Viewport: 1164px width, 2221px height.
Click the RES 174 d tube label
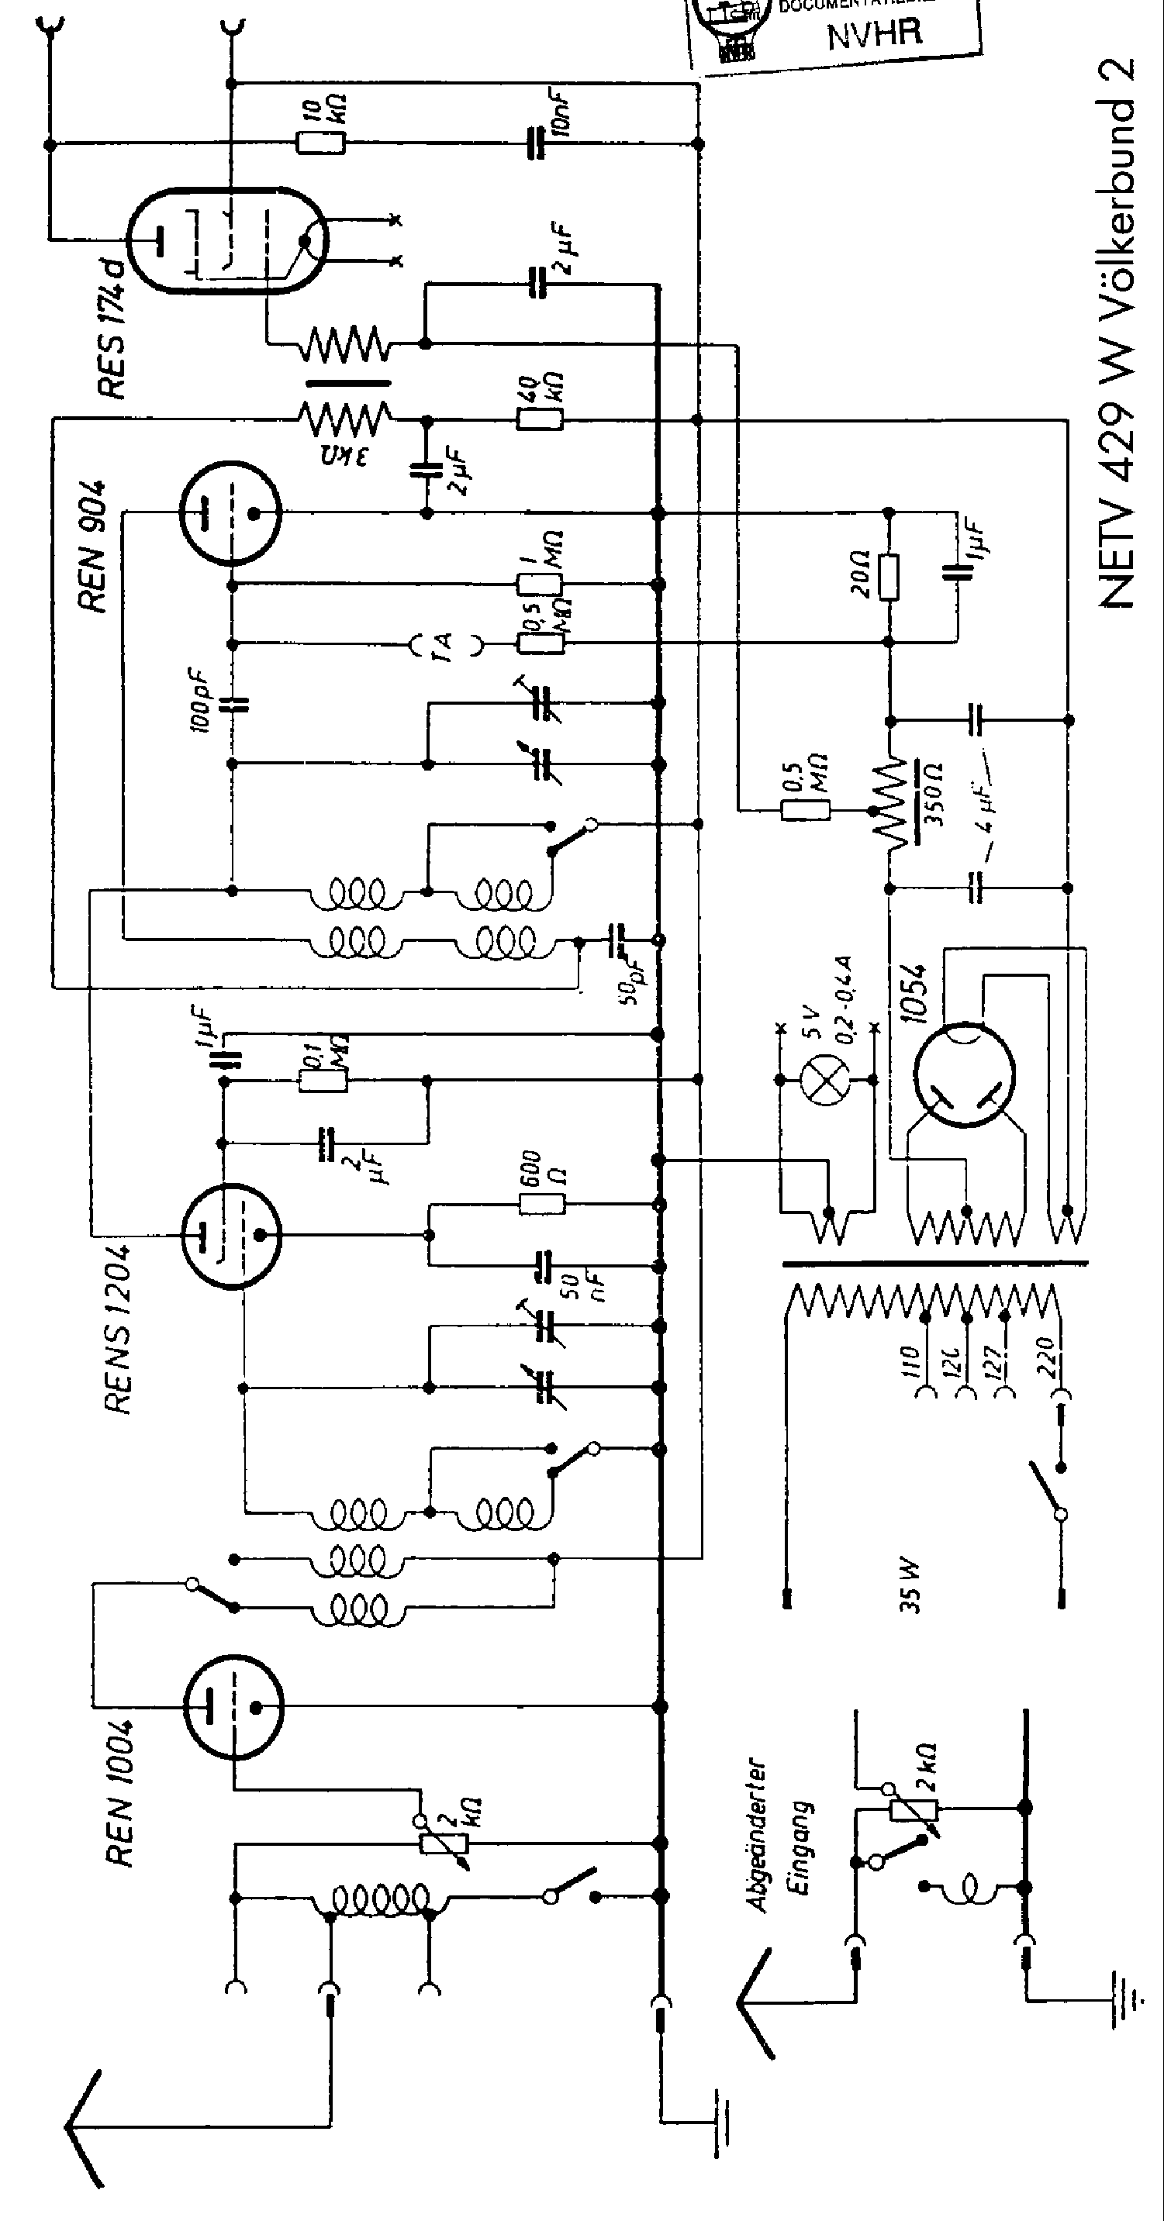[x=112, y=328]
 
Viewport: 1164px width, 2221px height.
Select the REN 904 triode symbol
[x=230, y=512]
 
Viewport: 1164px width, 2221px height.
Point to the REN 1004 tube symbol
[x=233, y=1706]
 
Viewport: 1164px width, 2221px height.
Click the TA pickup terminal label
[x=445, y=643]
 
